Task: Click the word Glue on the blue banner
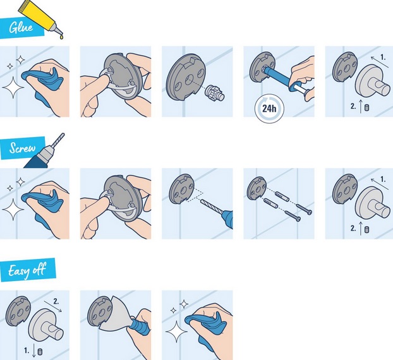point(21,28)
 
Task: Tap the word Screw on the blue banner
point(22,148)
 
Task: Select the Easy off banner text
point(27,270)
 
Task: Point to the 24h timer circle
point(269,109)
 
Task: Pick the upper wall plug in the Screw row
point(282,196)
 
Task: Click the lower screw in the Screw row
point(293,216)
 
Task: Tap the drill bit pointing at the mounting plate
point(211,207)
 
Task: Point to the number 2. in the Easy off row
point(56,301)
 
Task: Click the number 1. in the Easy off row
point(27,351)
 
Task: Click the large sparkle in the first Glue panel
point(13,87)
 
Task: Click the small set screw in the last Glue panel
point(366,108)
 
